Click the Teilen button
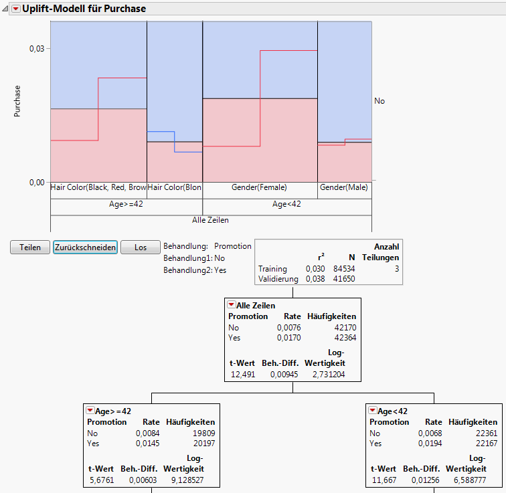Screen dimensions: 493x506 pos(31,247)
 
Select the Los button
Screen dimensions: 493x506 pos(140,247)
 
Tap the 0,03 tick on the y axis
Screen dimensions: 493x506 pos(35,49)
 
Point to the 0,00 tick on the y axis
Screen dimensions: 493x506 pos(35,182)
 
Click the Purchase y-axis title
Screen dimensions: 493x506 pos(18,101)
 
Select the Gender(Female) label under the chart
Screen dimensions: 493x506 pos(259,188)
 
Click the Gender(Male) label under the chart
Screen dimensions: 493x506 pos(344,188)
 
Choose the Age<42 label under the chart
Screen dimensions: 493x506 pos(287,204)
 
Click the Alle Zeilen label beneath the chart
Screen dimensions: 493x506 pos(211,219)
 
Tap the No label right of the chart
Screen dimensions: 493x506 pos(379,101)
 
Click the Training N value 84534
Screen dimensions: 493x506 pos(345,269)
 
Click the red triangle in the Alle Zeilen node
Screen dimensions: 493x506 pos(232,305)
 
